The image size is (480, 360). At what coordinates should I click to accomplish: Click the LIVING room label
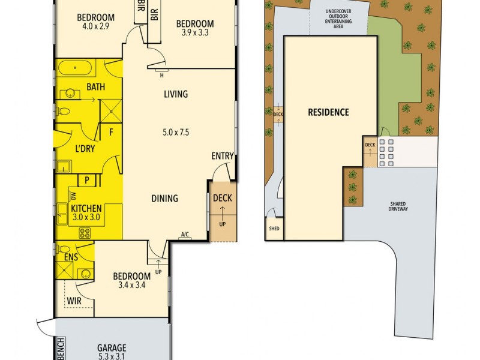point(176,94)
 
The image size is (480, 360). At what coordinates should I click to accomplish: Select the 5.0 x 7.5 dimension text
point(175,133)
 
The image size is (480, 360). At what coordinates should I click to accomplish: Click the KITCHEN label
point(86,209)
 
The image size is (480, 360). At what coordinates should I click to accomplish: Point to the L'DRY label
point(86,148)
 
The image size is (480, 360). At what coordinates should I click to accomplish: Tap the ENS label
point(71,257)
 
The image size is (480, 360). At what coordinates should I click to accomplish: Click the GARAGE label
point(112,347)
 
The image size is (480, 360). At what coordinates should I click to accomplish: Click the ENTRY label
point(222,156)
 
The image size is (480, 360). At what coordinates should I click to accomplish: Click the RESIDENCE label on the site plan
point(328,112)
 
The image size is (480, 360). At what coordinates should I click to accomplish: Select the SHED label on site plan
point(274,229)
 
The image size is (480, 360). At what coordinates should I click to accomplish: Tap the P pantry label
point(86,180)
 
